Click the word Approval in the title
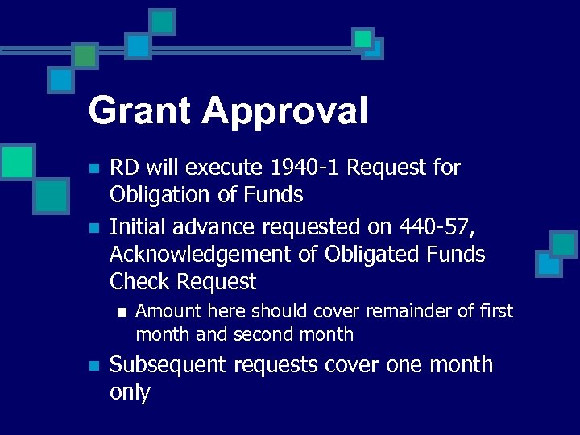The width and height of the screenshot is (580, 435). [285, 111]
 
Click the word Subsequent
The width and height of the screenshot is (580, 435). [168, 365]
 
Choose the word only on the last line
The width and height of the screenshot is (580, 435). [130, 393]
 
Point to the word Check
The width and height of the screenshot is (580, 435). [140, 282]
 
